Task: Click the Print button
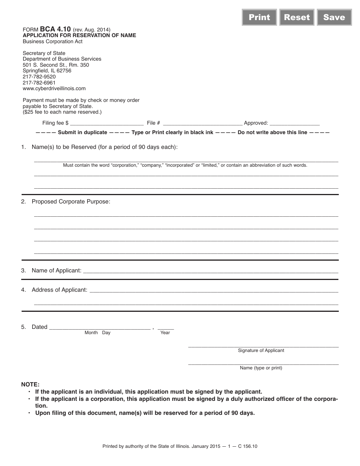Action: tap(259, 17)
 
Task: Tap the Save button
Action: tap(334, 17)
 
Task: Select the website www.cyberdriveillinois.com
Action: tap(54, 88)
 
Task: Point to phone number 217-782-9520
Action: tap(39, 77)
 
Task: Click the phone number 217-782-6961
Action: tap(39, 83)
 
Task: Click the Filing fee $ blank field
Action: tap(107, 124)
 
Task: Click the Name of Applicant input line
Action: tap(210, 271)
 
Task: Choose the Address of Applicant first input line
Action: tap(214, 291)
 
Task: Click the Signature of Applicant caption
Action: tap(261, 350)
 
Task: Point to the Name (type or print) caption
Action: tap(261, 368)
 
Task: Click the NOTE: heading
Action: tap(30, 384)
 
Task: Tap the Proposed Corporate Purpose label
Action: tap(71, 202)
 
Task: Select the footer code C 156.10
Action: tap(247, 446)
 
